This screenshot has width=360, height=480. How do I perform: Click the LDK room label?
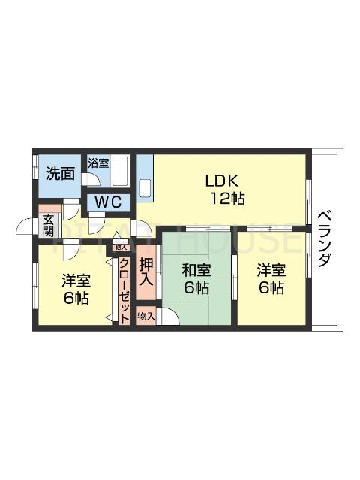point(223,181)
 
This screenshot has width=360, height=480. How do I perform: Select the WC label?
point(109,203)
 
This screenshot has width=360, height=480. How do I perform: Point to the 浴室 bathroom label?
point(98,163)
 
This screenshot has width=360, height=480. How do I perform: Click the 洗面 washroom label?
point(59,174)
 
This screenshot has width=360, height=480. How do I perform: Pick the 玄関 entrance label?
point(48,225)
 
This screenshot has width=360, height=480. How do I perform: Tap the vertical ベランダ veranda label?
point(324,238)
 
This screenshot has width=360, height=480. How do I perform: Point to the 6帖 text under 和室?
point(196,288)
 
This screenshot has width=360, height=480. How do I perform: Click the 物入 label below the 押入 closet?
point(146,316)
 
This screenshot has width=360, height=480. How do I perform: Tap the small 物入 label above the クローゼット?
point(121,246)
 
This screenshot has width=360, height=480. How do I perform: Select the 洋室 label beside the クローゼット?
point(76,280)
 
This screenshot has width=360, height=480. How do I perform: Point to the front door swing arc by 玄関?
point(26,225)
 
